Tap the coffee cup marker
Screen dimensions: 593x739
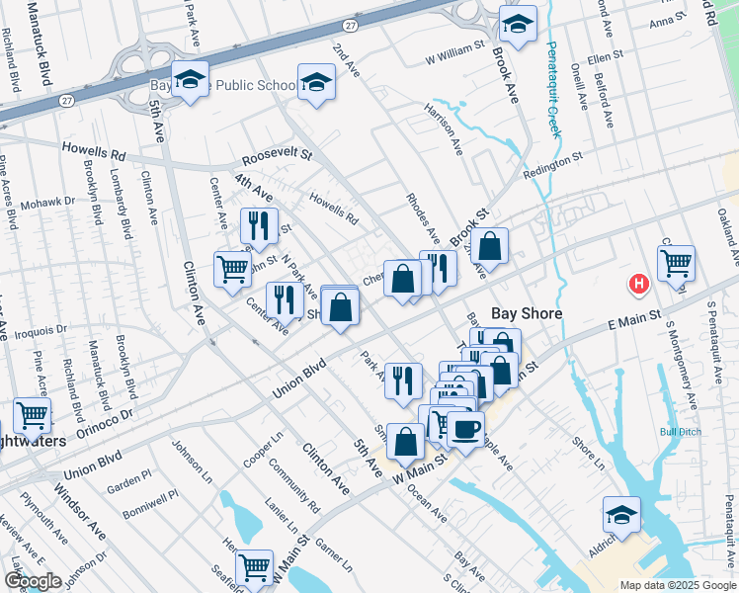(x=465, y=428)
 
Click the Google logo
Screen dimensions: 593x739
(x=33, y=581)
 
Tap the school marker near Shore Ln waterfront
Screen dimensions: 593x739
(x=621, y=514)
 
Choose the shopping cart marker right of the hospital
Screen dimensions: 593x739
(x=676, y=263)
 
